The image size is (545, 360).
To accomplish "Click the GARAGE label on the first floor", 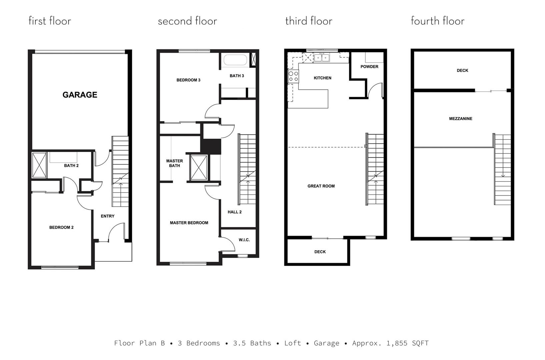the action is coord(80,95).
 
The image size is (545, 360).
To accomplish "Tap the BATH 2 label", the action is coord(71,166).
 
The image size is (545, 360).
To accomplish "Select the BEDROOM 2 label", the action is coord(61,227).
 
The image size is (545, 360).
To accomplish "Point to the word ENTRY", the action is coord(108,216).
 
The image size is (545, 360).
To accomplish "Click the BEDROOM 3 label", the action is coord(188,80).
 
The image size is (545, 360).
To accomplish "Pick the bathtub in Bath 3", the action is coord(235,60).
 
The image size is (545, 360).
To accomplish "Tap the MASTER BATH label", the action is coord(174,163).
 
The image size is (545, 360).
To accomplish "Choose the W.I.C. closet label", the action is coord(244,240).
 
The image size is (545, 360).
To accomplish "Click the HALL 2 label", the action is coord(235,212).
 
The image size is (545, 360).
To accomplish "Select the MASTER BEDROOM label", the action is coord(189,223).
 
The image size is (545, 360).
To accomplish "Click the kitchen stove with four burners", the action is coord(293,76).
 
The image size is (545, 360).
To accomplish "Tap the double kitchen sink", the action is coord(322,58).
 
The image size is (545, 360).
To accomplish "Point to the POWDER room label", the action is coord(369,67).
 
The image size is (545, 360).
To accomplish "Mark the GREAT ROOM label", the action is coord(321,186).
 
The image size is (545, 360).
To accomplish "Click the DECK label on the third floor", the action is coord(320,252).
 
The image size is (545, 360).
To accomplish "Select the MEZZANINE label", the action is coord(461,119).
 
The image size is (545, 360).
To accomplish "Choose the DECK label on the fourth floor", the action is coord(462,71).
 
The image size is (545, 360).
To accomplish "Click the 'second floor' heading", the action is coord(187,21).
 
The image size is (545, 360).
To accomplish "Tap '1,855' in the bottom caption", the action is coord(397,343).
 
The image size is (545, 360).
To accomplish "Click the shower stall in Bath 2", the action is coord(39,165).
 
